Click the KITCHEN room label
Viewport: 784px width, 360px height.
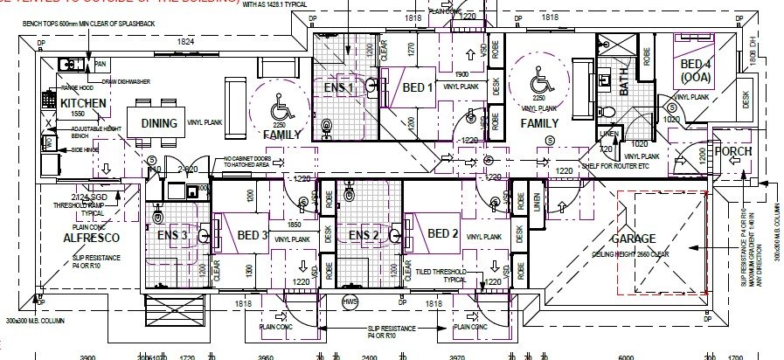[84, 104]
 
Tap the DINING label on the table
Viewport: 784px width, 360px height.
[159, 123]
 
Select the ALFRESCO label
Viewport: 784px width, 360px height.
[86, 237]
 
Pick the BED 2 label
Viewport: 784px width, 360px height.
[443, 233]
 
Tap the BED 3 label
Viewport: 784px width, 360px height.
[252, 235]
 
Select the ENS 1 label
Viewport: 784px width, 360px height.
[339, 87]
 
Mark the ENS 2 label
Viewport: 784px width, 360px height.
[364, 235]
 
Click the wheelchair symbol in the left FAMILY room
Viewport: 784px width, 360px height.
[281, 112]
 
